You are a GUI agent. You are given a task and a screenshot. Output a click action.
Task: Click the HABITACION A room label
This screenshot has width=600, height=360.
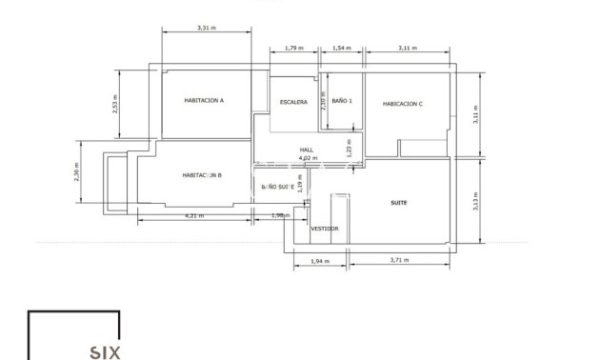204,100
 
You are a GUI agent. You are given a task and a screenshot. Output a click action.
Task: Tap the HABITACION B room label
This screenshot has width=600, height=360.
202,175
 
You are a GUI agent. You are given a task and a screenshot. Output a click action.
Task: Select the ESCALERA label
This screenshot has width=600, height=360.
293,102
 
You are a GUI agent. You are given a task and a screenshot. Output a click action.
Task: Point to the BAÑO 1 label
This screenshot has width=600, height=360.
343,100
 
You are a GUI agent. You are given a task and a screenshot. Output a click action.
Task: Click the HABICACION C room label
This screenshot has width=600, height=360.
402,104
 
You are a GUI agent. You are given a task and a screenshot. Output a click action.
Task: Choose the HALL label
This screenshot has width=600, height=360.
307,150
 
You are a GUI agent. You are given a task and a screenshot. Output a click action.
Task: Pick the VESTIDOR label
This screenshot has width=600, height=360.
325,229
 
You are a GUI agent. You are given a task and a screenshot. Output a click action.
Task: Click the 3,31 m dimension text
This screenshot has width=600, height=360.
206,28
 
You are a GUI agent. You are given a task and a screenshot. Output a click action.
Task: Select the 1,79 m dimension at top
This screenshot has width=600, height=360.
294,48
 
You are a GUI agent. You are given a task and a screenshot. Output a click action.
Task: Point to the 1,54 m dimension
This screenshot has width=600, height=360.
342,48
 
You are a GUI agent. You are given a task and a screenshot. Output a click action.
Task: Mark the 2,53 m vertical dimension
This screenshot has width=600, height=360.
115,104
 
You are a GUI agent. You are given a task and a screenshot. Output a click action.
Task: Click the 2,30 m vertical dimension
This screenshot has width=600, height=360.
76,172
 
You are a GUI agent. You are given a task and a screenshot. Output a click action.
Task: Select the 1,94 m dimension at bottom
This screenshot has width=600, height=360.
320,260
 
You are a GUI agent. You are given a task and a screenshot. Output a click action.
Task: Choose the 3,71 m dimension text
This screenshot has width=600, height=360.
401,260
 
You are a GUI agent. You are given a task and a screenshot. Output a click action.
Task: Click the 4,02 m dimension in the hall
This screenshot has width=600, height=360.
307,158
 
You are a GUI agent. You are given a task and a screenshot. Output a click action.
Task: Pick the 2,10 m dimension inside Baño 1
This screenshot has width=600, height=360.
323,101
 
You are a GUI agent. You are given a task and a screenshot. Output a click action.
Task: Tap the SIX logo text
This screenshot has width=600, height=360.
105,352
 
